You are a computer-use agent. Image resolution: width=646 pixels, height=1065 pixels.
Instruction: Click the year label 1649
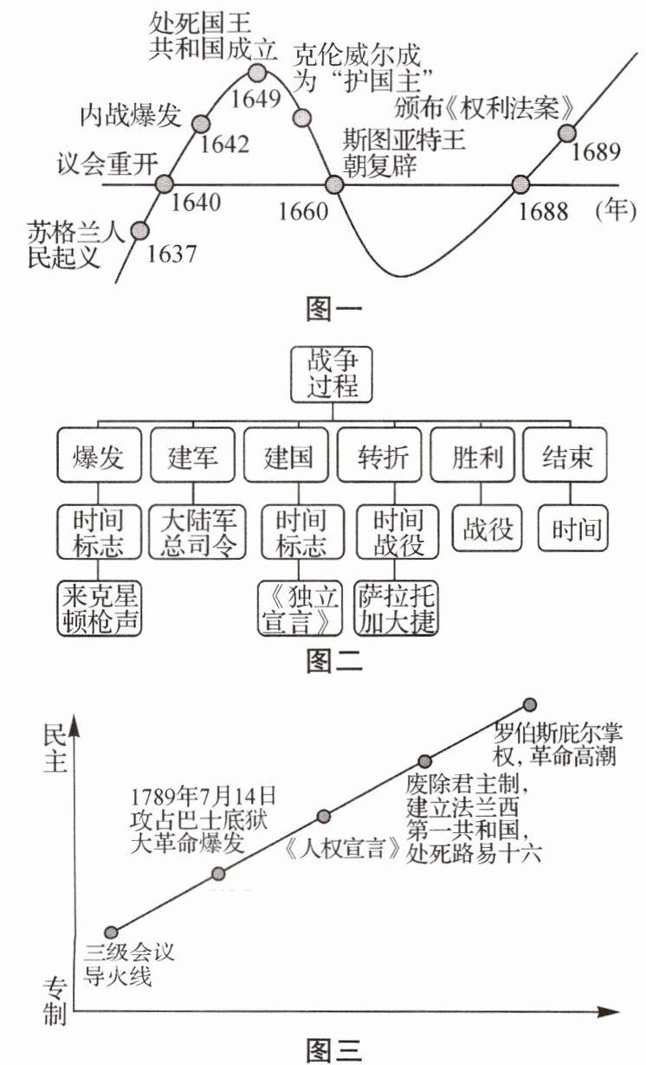click(x=256, y=97)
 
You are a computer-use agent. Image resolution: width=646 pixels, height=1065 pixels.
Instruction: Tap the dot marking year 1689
click(x=566, y=132)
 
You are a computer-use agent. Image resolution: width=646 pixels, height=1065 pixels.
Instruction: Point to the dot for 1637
click(x=138, y=229)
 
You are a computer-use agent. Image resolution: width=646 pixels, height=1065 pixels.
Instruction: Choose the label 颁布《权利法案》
click(x=485, y=108)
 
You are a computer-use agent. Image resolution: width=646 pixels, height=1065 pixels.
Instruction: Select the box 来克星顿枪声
click(x=97, y=610)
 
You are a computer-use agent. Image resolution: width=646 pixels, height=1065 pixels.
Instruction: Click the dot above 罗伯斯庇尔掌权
click(x=531, y=705)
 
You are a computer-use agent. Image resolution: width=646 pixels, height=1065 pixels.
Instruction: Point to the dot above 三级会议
click(x=111, y=933)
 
